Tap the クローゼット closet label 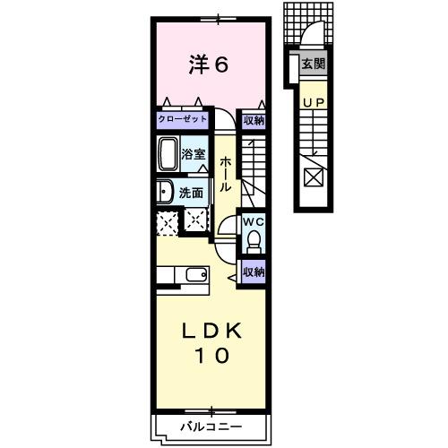182,119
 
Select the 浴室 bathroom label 194,154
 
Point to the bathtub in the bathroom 168,155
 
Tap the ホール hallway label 227,174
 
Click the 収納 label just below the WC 253,271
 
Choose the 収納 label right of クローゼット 253,119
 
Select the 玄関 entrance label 313,64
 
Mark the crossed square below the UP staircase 313,176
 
